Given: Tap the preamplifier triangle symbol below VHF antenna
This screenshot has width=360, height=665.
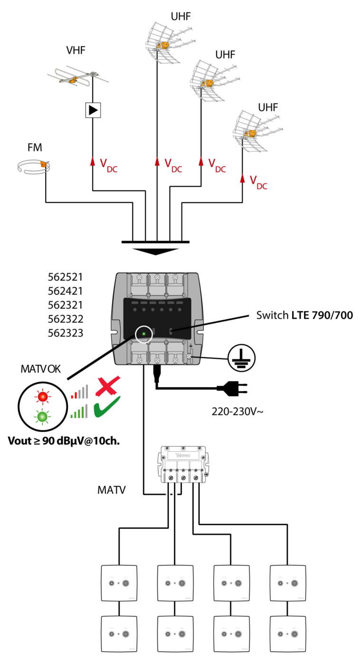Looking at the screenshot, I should click(x=93, y=110).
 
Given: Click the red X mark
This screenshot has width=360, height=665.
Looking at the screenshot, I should click(x=108, y=385).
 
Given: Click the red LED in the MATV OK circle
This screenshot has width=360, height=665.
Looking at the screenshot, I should click(x=43, y=396).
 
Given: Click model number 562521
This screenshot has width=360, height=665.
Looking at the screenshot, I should click(x=66, y=276).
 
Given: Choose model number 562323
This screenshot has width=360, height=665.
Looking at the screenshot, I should click(x=66, y=333).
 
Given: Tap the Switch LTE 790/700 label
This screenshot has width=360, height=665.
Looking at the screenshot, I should click(x=304, y=314).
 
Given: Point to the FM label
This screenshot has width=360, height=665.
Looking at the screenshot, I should click(x=34, y=148).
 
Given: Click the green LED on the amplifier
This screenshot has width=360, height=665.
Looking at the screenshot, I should click(x=143, y=334).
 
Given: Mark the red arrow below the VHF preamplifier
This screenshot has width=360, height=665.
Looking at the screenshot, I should click(x=93, y=161).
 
